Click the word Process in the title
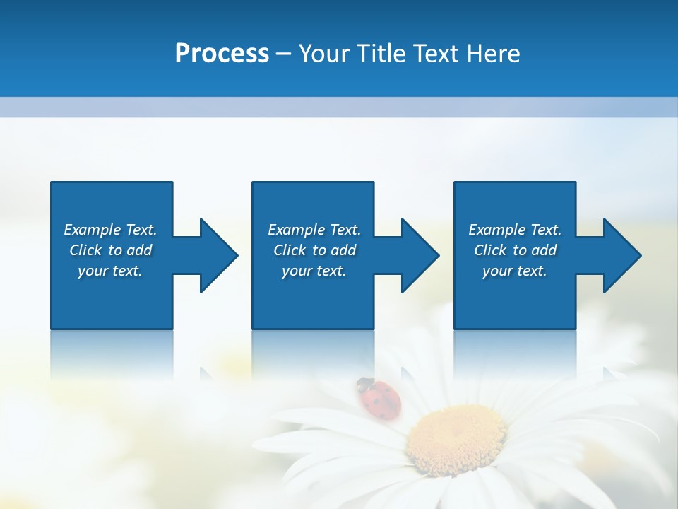pyautogui.click(x=222, y=54)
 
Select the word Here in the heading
pyautogui.click(x=494, y=54)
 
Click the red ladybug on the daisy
pyautogui.click(x=381, y=399)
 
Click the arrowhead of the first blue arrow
pyautogui.click(x=219, y=255)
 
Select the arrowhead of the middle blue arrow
pyautogui.click(x=420, y=255)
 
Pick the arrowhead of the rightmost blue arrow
pyautogui.click(x=622, y=255)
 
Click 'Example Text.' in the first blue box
pyautogui.click(x=110, y=230)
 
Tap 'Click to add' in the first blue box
pyautogui.click(x=110, y=250)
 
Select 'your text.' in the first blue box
pyautogui.click(x=110, y=271)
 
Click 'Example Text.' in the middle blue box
pyautogui.click(x=314, y=230)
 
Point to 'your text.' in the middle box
pyautogui.click(x=314, y=271)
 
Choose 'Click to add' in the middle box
pyautogui.click(x=314, y=250)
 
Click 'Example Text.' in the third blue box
pyautogui.click(x=515, y=230)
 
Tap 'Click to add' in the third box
pyautogui.click(x=515, y=250)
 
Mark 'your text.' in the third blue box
pyautogui.click(x=515, y=271)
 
